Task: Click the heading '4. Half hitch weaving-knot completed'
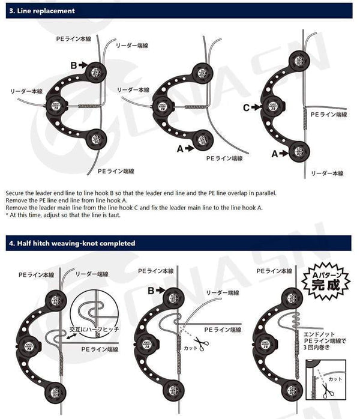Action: point(71,243)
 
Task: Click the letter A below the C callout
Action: point(275,154)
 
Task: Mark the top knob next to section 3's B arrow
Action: point(94,71)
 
